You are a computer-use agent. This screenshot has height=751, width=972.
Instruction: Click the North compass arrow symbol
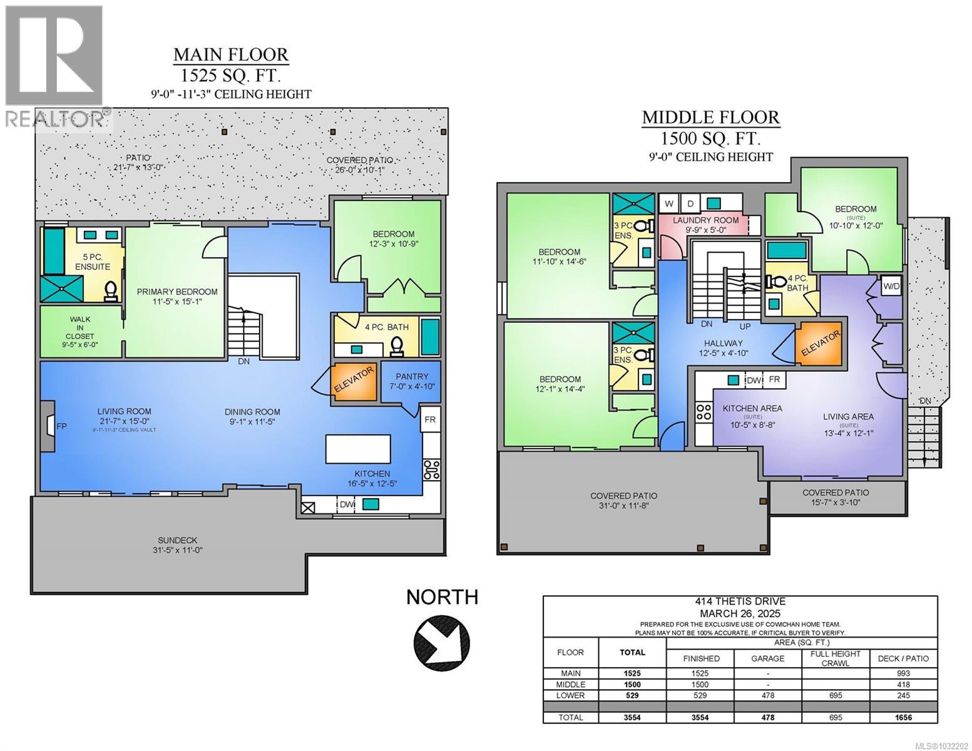point(441,642)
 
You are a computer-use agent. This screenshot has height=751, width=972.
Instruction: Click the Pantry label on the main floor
point(412,377)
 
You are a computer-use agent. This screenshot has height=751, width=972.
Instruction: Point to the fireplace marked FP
point(49,426)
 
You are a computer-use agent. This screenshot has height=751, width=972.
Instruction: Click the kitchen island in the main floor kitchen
point(358,449)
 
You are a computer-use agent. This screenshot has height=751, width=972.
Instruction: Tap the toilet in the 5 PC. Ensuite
point(111,291)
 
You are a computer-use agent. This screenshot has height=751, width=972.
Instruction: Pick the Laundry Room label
point(705,220)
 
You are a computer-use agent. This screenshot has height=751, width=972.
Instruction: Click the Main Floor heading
point(230,55)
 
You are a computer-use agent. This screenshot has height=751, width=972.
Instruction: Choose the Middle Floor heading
point(711,117)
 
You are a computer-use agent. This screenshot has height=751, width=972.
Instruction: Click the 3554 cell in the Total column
point(632,718)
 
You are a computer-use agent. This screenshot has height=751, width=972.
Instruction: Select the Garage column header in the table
point(767,658)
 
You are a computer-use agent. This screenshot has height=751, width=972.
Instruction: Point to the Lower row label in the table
point(570,695)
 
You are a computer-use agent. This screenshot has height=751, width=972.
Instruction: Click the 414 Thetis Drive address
point(740,601)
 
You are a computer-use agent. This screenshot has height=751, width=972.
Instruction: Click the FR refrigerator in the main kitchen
point(430,419)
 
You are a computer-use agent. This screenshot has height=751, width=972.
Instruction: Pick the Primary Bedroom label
point(177,292)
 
